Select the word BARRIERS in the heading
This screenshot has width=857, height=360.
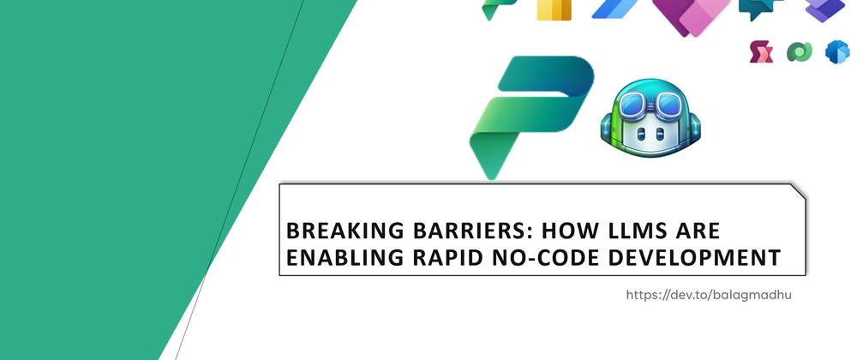(472, 231)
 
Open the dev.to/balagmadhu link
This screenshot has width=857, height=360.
(709, 295)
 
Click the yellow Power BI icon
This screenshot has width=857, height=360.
(554, 9)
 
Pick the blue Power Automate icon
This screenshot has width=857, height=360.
(614, 9)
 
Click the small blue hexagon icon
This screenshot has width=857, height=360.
(837, 52)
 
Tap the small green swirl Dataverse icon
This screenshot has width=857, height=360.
(799, 52)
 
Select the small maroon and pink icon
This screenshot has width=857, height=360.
(761, 52)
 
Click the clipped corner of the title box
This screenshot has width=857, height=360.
(798, 191)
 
